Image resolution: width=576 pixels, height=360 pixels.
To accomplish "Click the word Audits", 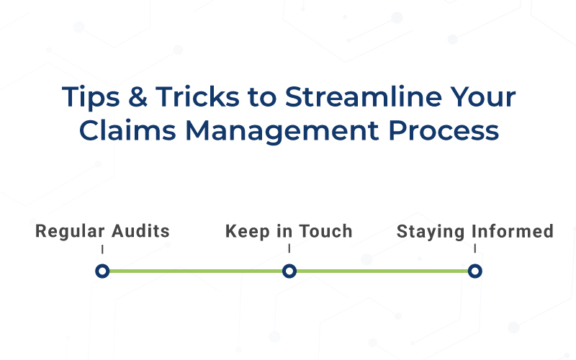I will coord(141,232).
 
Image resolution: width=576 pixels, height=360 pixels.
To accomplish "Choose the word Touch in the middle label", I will coord(323,232).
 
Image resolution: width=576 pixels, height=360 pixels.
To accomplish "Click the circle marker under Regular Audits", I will coord(102,271).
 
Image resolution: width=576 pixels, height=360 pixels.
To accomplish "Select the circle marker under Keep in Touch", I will coord(289,271).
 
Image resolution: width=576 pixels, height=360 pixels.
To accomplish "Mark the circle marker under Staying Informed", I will coord(474,271).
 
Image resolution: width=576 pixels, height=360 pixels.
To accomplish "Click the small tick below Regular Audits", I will coord(102,249).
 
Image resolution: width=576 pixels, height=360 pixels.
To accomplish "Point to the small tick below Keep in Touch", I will coord(289,249).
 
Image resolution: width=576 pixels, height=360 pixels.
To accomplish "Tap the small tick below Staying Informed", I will coord(474,249).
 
